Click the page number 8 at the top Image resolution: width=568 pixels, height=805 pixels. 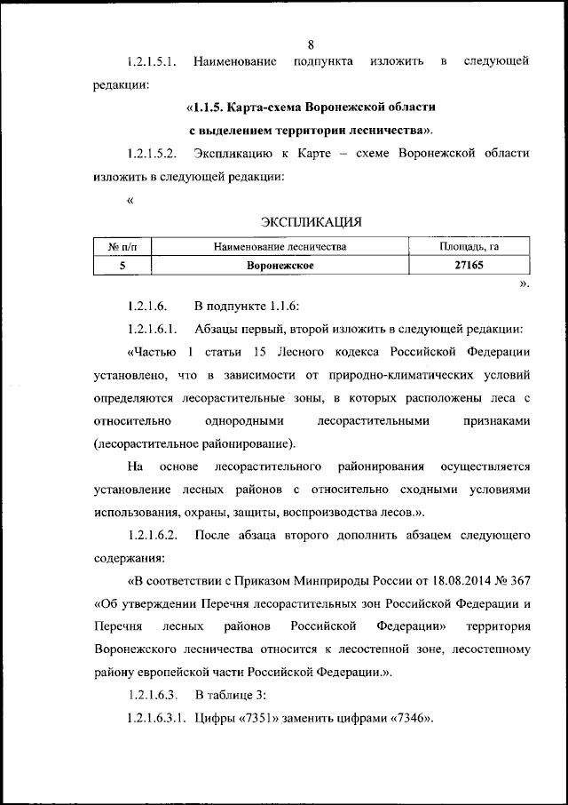[x=312, y=44]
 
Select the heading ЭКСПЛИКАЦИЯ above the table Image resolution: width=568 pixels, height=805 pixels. [x=311, y=220]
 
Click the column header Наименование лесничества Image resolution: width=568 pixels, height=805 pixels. [x=280, y=246]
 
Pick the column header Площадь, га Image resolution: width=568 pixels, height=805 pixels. [x=469, y=246]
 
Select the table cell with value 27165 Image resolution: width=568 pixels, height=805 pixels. [x=469, y=265]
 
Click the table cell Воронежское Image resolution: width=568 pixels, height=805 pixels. [x=280, y=265]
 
